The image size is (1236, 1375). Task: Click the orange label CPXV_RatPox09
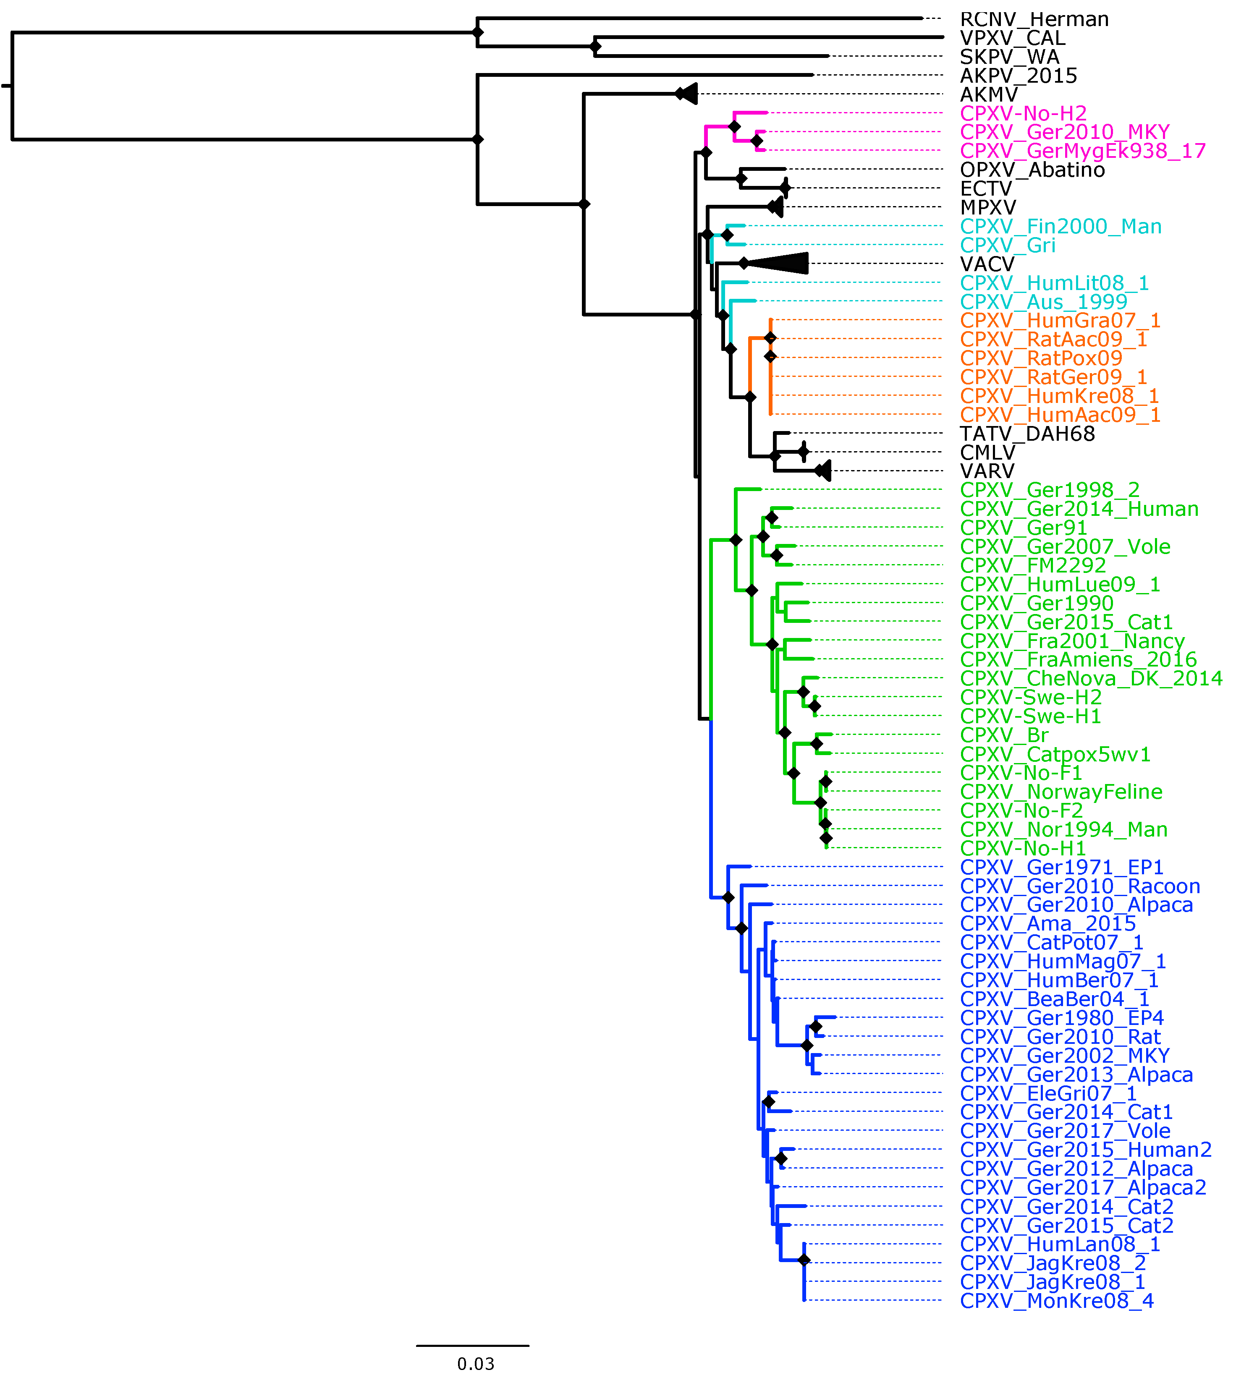click(1041, 358)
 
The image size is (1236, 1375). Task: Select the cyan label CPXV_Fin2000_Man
click(1060, 226)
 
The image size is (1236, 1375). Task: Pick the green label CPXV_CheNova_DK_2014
click(1091, 678)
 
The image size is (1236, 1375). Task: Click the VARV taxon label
click(987, 471)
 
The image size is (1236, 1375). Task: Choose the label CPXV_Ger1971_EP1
click(1061, 867)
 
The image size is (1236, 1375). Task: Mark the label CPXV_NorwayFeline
click(1061, 792)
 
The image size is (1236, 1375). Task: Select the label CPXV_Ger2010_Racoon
click(1080, 886)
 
